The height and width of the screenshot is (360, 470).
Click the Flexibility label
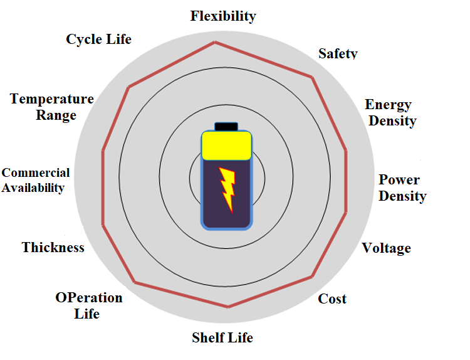coord(223,16)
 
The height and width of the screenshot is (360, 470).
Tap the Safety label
coord(338,54)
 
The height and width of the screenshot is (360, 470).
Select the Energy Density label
coord(391,113)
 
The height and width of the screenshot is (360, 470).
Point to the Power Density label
coord(402,188)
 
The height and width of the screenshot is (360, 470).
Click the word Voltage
coord(387,248)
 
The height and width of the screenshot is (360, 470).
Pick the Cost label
coord(332,299)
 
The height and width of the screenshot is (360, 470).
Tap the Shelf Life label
coord(222,338)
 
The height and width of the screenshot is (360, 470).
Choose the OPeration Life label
coord(89,305)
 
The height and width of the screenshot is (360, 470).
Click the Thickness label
coord(53,248)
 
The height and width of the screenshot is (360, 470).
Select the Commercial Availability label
coord(36,180)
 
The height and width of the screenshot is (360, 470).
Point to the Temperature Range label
coord(52,107)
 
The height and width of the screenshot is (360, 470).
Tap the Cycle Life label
coord(98,40)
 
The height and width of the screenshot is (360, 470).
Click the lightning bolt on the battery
coord(227,189)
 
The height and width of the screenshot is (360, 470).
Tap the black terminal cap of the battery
coord(226,127)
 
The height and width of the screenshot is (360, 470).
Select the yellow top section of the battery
coord(226,146)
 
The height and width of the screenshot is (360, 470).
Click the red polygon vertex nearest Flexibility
coord(215,43)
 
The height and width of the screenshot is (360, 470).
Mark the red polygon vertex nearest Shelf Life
coord(228,307)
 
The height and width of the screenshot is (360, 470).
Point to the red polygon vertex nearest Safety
coord(312,78)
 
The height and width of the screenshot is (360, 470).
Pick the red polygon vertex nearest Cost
coord(311,277)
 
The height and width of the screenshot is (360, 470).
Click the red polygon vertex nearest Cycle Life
coord(129,87)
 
